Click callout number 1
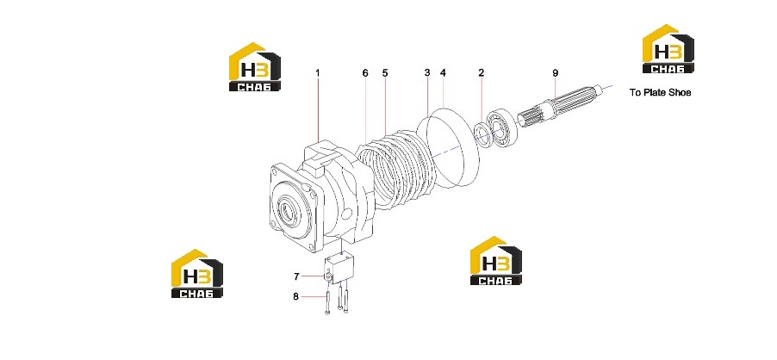tap(318, 73)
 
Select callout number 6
tap(365, 73)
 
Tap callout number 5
tap(385, 73)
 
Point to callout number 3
tap(427, 73)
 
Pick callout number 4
tap(443, 73)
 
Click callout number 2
tap(482, 73)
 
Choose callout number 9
tap(556, 73)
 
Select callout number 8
tap(295, 296)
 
